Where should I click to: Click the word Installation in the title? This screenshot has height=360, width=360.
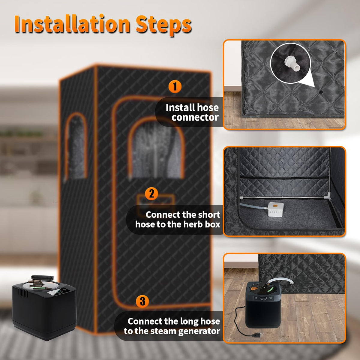[x=72, y=25]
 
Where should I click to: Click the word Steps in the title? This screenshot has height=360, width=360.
[x=164, y=25]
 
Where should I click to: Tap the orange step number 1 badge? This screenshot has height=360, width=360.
[x=175, y=86]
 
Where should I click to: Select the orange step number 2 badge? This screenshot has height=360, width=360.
[x=151, y=194]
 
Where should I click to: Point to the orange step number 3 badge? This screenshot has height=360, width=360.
[x=142, y=301]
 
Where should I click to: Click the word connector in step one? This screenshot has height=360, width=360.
[x=195, y=118]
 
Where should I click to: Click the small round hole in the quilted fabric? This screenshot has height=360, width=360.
[x=321, y=92]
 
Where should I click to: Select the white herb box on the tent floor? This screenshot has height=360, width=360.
[x=276, y=209]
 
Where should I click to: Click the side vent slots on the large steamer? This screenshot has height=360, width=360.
[x=23, y=293]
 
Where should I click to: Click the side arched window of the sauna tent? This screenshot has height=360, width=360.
[x=76, y=147]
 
